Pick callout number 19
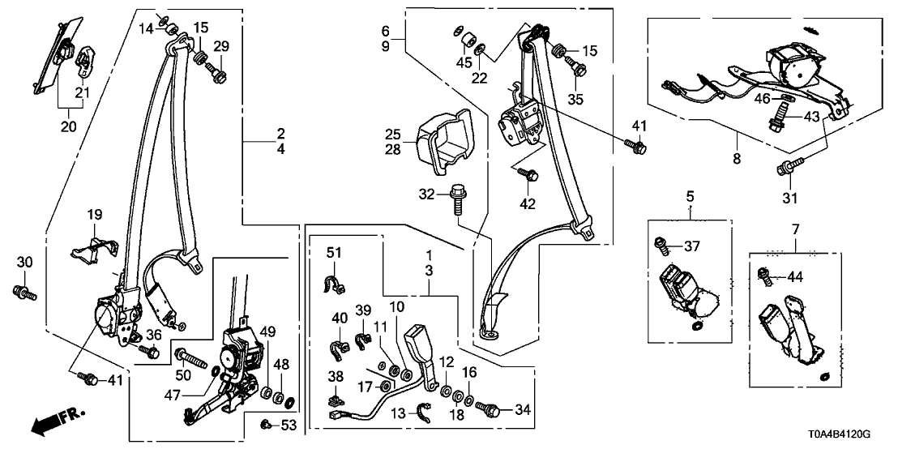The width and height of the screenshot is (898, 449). coord(95,216)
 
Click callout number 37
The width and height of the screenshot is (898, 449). coord(691,245)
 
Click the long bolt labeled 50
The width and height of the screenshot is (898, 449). coord(188,355)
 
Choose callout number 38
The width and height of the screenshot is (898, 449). coord(334,377)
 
